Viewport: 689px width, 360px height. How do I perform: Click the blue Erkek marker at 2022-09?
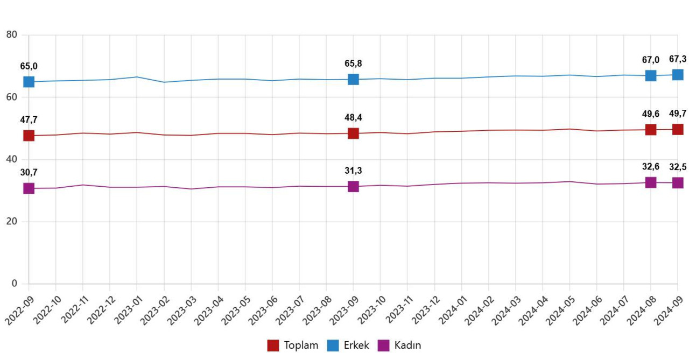(29, 82)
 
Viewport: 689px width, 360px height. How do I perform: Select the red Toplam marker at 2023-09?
(353, 133)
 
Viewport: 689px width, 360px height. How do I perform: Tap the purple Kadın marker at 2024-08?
(651, 182)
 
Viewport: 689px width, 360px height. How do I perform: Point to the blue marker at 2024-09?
(678, 75)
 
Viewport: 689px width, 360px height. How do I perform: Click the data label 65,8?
(353, 63)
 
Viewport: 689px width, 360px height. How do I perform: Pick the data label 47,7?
(29, 119)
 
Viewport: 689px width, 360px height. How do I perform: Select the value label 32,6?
(651, 167)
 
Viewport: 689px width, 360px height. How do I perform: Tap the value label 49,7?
(678, 114)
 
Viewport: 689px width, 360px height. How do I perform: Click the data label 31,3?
(353, 171)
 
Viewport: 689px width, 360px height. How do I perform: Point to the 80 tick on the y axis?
(12, 35)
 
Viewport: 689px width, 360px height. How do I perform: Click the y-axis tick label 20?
(12, 222)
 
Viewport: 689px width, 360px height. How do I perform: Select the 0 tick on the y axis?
(15, 284)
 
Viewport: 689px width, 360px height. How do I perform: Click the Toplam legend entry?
(293, 345)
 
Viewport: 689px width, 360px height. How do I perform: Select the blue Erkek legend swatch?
(333, 345)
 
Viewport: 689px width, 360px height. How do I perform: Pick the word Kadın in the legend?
(407, 345)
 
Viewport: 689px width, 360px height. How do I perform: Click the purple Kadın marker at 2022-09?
(29, 188)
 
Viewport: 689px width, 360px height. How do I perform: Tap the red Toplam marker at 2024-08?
(651, 130)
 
